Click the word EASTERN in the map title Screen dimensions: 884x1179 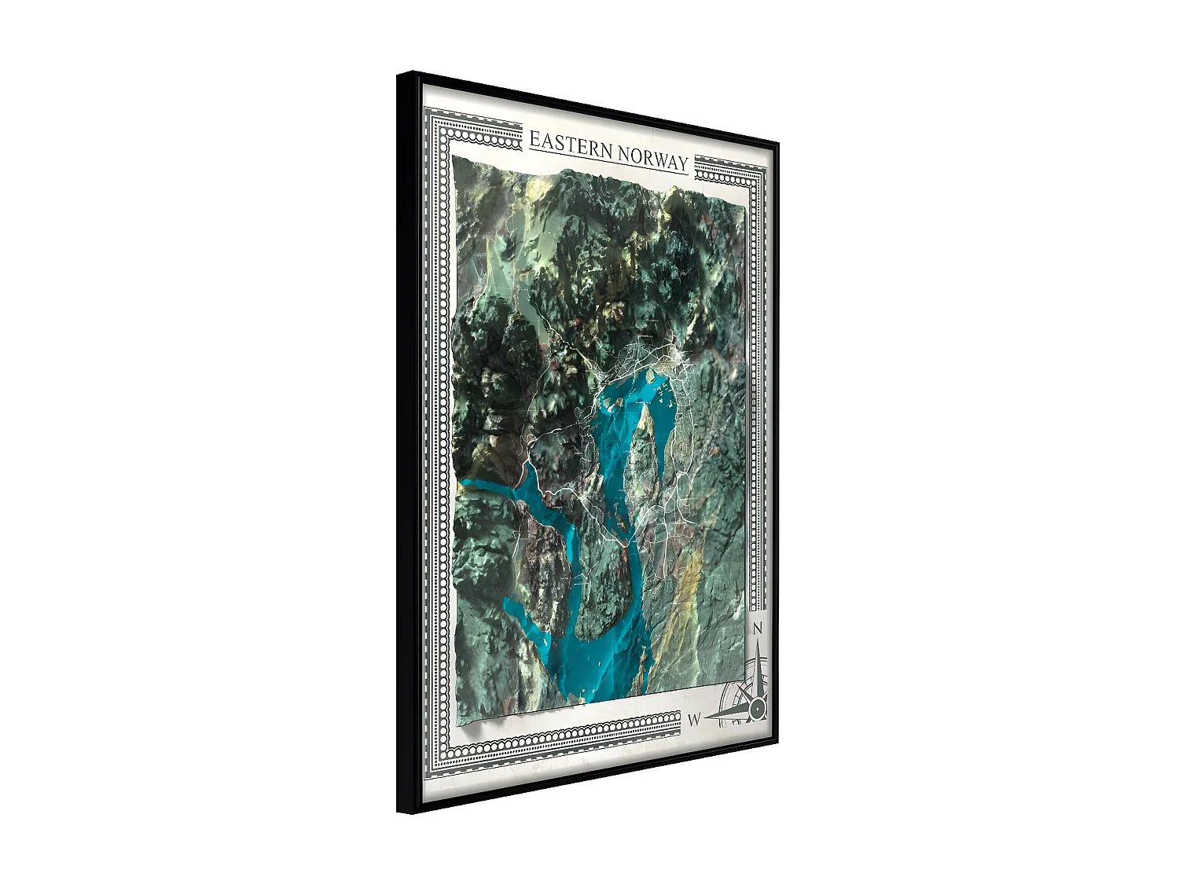pyautogui.click(x=571, y=145)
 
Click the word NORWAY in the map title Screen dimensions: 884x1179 pyautogui.click(x=652, y=157)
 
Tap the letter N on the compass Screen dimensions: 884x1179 pyautogui.click(x=758, y=629)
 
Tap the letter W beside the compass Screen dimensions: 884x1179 pyautogui.click(x=694, y=720)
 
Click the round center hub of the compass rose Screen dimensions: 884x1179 pyautogui.click(x=757, y=708)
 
